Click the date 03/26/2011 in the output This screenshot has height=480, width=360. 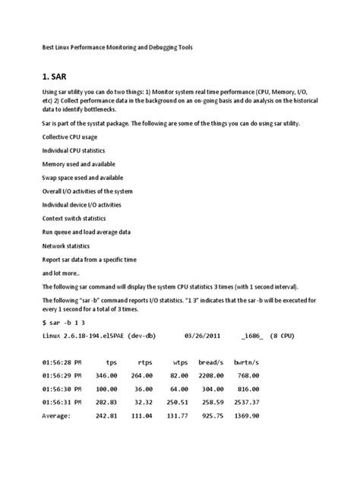point(207,337)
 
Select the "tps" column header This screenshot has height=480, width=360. point(112,363)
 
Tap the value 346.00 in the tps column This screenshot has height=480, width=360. point(106,376)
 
